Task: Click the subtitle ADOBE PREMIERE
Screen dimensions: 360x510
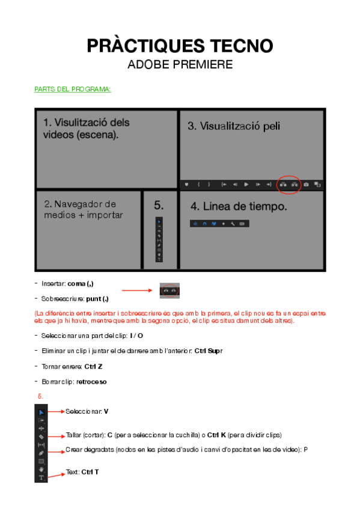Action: (x=180, y=64)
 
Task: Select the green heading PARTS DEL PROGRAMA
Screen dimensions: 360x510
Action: (x=72, y=90)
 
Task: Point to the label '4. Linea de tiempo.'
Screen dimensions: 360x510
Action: (x=239, y=206)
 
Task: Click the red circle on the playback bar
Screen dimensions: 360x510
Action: (x=288, y=184)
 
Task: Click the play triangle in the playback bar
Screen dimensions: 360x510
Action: (x=246, y=184)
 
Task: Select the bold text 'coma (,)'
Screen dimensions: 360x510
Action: (x=81, y=283)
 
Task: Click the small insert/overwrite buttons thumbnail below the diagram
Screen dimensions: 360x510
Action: (x=170, y=290)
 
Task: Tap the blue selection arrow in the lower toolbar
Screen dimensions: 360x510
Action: (x=41, y=413)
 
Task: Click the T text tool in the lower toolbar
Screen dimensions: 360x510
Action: (x=41, y=478)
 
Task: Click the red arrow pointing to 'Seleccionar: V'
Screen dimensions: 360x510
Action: (x=56, y=411)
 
